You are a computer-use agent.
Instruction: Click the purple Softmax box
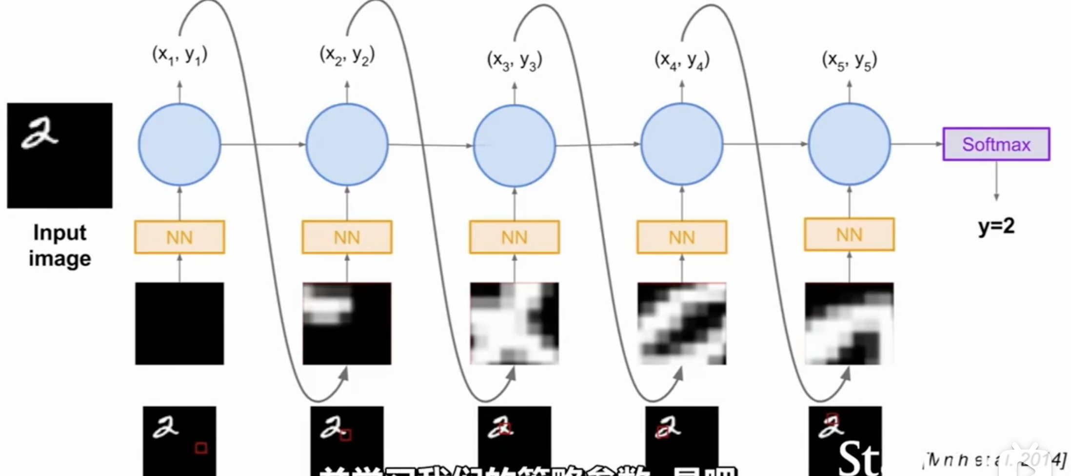click(x=996, y=144)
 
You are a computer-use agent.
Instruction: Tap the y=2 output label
click(x=996, y=226)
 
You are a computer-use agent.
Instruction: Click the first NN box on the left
click(x=179, y=237)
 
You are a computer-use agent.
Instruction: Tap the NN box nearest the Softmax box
click(x=849, y=235)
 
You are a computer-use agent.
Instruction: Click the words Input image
click(x=59, y=245)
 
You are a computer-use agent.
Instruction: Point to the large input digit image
click(x=59, y=155)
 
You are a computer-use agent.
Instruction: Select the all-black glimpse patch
click(x=179, y=323)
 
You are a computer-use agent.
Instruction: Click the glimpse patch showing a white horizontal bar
click(x=347, y=323)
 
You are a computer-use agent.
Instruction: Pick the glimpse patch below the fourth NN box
click(x=681, y=323)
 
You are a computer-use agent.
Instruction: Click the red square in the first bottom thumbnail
click(x=201, y=447)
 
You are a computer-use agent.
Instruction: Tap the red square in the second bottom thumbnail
click(x=345, y=434)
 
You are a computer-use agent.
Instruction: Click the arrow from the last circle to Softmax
click(x=917, y=144)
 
